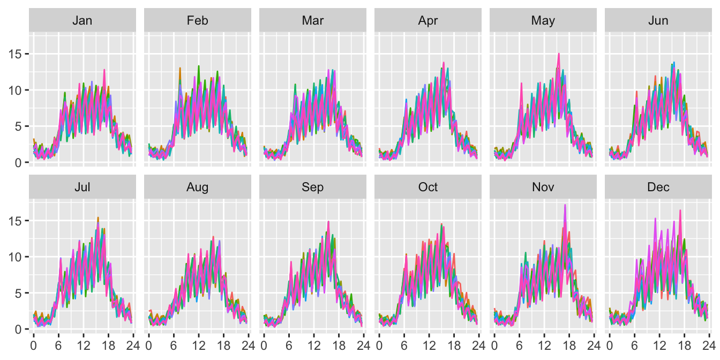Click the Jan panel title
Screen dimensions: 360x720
(82, 20)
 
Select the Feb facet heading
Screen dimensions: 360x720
(198, 20)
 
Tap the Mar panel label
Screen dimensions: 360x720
(312, 20)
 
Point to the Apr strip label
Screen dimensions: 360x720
(427, 20)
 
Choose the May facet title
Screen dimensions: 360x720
(543, 20)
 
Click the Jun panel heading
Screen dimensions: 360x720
(658, 20)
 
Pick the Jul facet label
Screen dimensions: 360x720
(82, 187)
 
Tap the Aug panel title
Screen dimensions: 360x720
(198, 187)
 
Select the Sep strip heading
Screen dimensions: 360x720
(312, 187)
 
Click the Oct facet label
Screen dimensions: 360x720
(427, 187)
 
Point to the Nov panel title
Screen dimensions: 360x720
(543, 187)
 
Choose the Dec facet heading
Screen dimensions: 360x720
(658, 187)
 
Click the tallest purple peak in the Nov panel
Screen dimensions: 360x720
(565, 205)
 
